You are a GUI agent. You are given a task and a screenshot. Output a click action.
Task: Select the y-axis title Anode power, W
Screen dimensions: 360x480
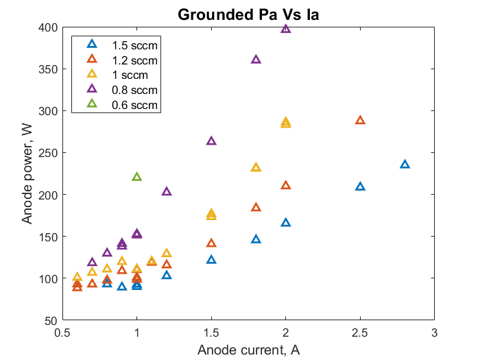click(x=28, y=173)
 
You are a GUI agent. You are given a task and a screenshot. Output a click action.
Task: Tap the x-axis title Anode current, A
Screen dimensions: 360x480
click(x=248, y=350)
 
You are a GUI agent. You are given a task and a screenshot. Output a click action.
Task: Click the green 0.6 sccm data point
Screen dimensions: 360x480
click(x=136, y=177)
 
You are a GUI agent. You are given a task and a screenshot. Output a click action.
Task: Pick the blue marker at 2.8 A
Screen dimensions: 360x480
click(x=405, y=165)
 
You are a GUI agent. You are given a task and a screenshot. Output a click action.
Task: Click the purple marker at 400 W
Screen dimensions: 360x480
click(x=286, y=29)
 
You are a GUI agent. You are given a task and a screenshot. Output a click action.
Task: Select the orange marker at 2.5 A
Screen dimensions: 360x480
click(x=360, y=121)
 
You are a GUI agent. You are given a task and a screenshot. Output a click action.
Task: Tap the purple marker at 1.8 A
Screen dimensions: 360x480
click(x=256, y=60)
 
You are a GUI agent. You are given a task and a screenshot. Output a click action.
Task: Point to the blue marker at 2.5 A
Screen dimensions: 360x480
click(x=360, y=187)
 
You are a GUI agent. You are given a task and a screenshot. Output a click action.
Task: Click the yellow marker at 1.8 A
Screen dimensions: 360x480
click(x=256, y=167)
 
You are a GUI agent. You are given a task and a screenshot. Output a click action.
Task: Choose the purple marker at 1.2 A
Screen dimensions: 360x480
click(x=167, y=192)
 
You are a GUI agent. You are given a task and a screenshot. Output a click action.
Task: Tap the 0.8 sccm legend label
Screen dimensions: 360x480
click(x=135, y=90)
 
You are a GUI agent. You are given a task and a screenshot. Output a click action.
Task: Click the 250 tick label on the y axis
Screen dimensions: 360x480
click(x=51, y=153)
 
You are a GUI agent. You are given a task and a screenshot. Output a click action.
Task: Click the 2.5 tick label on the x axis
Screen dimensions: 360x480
click(x=360, y=333)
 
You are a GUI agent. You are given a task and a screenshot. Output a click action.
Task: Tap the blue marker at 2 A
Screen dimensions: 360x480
click(x=286, y=223)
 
